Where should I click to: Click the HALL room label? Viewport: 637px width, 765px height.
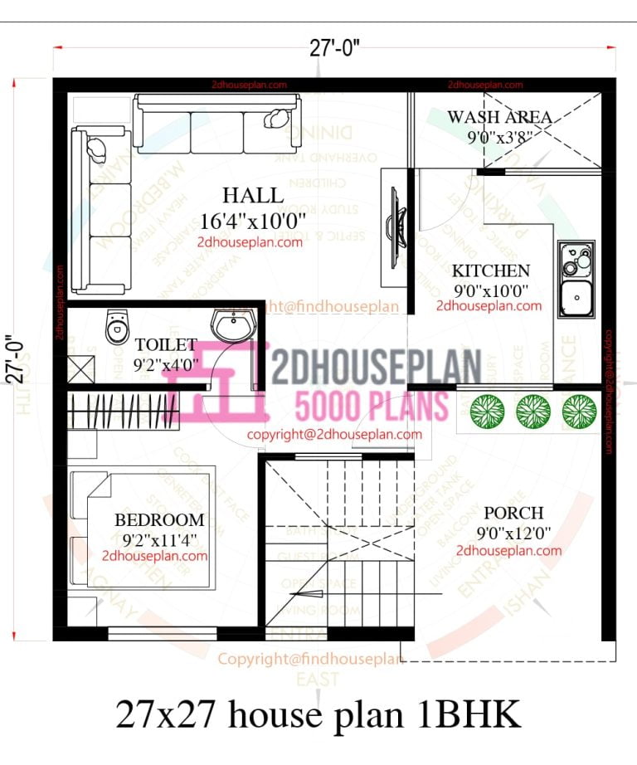(x=253, y=197)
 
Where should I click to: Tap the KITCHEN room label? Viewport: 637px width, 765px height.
(x=490, y=270)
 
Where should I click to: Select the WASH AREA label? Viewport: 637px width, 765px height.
(x=499, y=117)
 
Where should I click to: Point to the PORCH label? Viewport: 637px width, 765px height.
(x=513, y=513)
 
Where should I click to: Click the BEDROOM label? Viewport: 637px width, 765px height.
(x=159, y=520)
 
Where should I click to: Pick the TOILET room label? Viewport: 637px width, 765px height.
(x=166, y=344)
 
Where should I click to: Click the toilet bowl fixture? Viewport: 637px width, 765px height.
(x=115, y=326)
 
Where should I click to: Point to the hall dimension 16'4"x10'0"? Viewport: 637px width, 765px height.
(x=253, y=221)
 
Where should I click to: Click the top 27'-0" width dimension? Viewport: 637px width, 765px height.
(x=334, y=48)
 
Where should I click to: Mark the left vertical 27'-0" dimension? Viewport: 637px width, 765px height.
(x=14, y=358)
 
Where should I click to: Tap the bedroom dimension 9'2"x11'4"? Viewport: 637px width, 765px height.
(x=159, y=539)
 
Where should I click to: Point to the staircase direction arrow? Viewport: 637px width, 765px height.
(x=311, y=594)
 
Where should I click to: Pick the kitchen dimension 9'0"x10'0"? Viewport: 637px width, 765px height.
(x=489, y=290)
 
